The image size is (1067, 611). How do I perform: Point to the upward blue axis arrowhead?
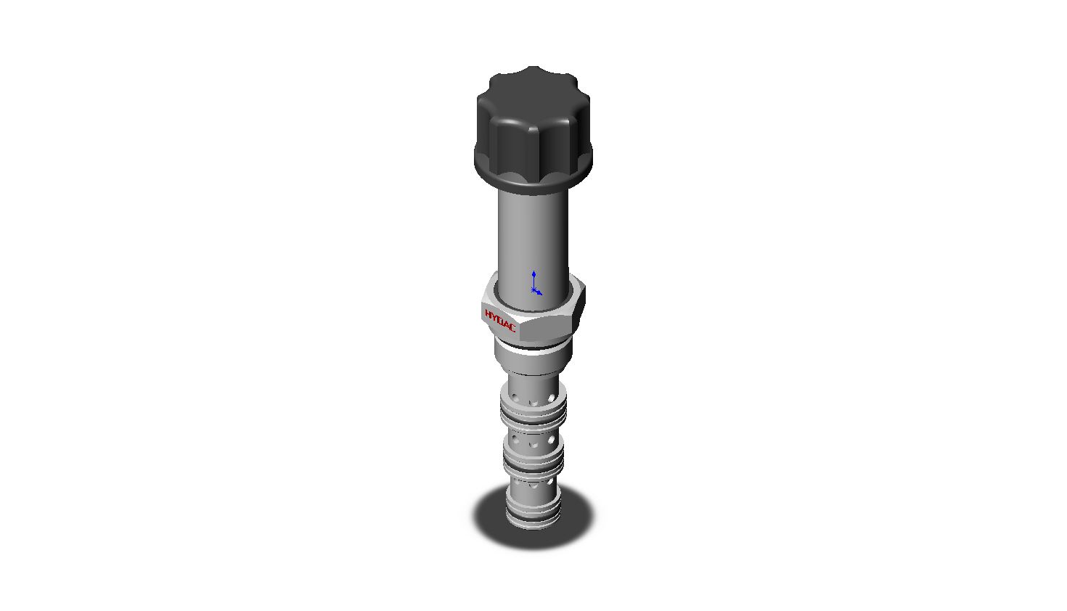(x=534, y=274)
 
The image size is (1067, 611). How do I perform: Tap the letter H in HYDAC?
(x=488, y=313)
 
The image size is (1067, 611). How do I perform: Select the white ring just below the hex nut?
(x=533, y=349)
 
